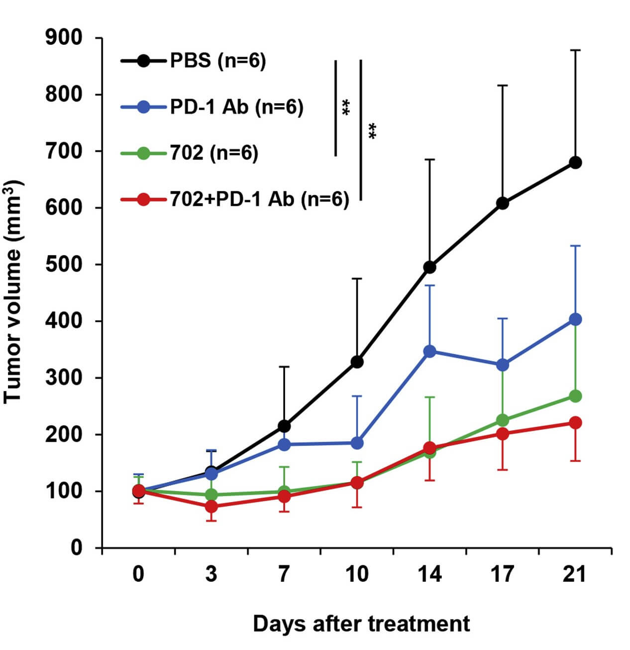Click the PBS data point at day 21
coord(575,162)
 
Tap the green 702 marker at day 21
coord(575,396)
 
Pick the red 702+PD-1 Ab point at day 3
coord(211,507)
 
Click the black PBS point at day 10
coord(357,362)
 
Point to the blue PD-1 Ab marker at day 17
coord(503,365)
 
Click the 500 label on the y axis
coord(64,264)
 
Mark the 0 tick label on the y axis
coord(76,548)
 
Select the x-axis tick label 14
coord(429,574)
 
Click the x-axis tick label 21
coord(575,574)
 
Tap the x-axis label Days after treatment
coord(361,624)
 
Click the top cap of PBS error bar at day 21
coord(575,50)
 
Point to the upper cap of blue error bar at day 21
coord(575,246)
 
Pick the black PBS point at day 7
coord(284,426)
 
